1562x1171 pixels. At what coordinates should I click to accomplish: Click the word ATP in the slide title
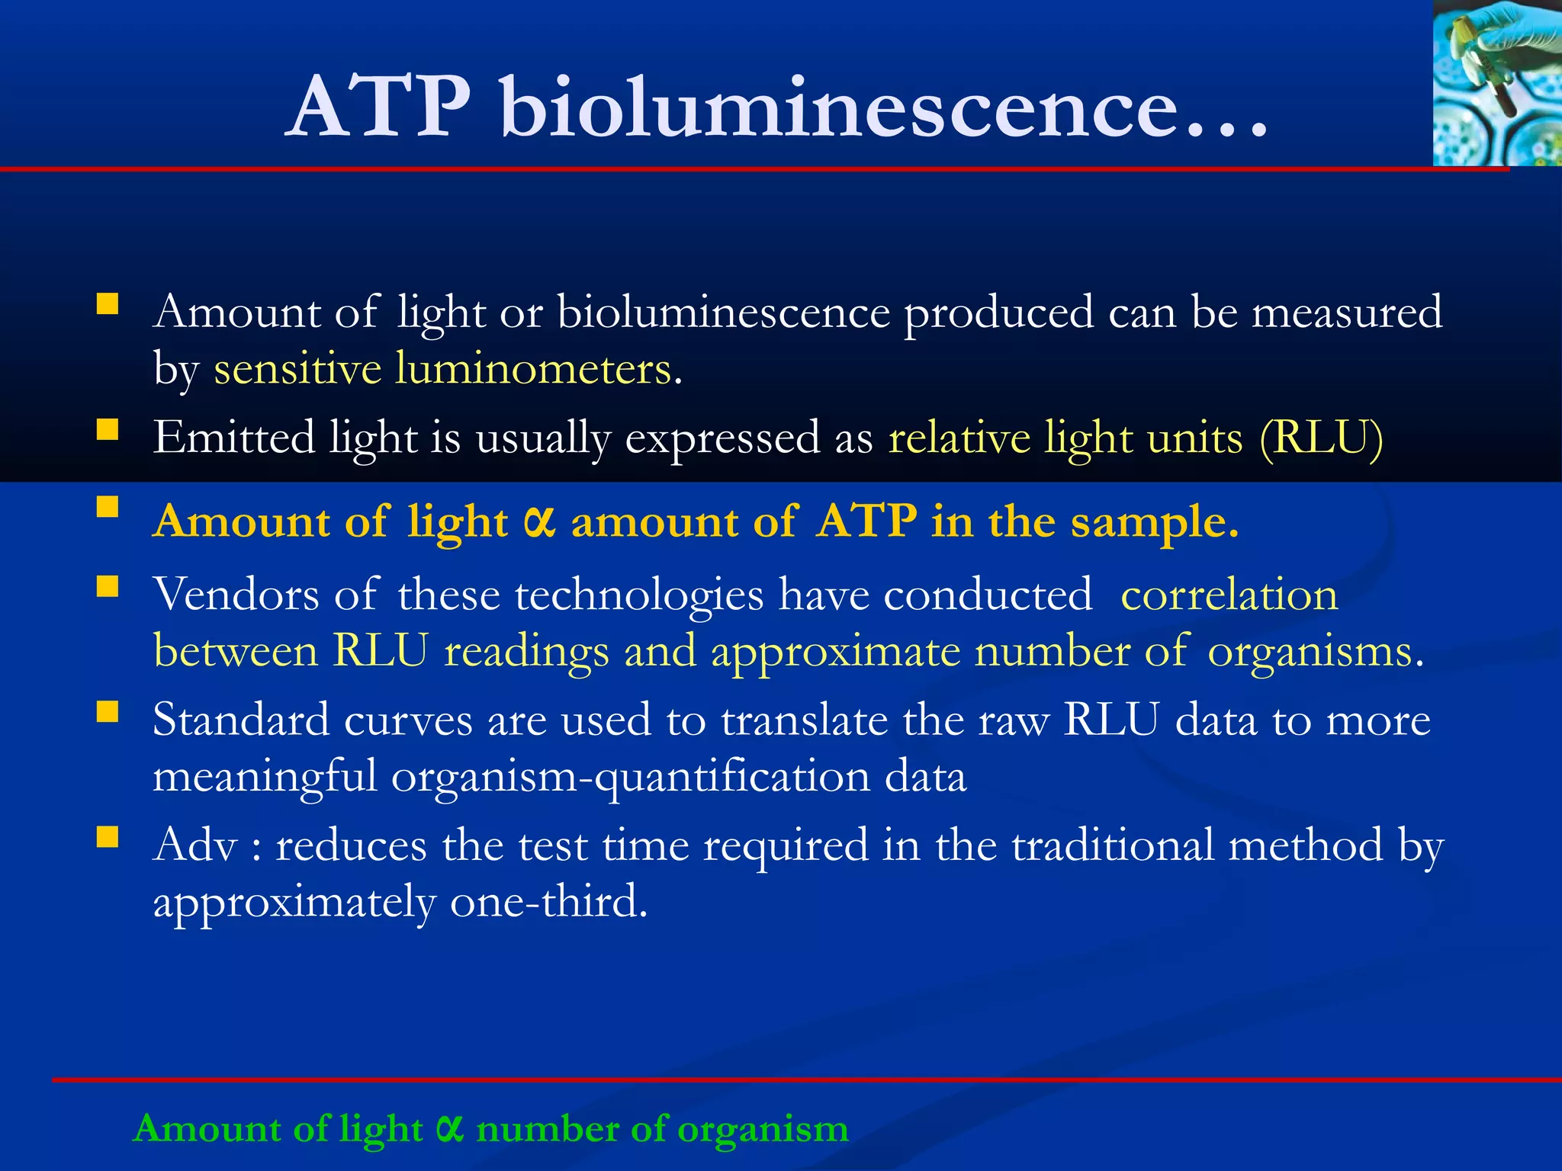[x=379, y=108]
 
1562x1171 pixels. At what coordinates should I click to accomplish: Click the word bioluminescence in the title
[x=839, y=108]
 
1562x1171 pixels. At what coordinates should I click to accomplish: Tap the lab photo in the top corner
[x=1496, y=82]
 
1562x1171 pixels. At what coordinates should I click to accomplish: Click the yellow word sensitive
[x=297, y=371]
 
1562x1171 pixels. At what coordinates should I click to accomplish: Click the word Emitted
[x=233, y=439]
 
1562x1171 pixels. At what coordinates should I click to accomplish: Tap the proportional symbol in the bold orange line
[x=539, y=523]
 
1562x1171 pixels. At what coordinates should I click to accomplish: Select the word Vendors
[x=235, y=595]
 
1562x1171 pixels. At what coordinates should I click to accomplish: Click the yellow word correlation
[x=1229, y=595]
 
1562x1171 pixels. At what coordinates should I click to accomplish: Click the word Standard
[x=240, y=720]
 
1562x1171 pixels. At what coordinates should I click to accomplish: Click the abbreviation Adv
[x=195, y=845]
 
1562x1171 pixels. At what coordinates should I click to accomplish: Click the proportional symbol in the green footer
[x=450, y=1128]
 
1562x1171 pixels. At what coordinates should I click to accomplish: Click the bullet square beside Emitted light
[x=108, y=431]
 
